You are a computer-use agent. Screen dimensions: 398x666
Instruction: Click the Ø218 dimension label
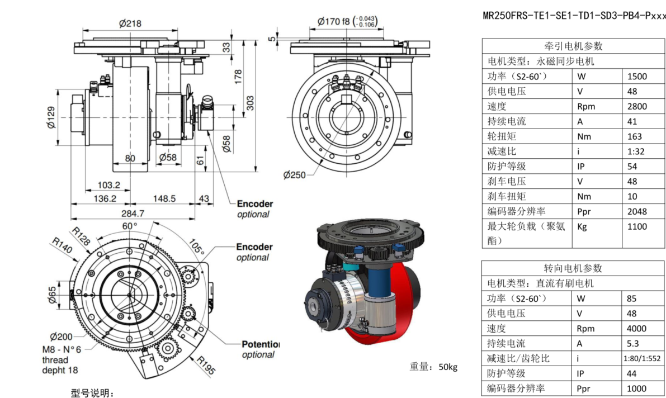click(130, 23)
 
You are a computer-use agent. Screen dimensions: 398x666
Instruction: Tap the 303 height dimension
click(251, 103)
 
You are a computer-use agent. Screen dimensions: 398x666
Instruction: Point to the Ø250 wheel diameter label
click(295, 175)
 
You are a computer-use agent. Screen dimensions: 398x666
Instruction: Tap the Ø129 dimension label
click(50, 117)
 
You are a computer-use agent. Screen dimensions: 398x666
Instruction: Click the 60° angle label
click(130, 226)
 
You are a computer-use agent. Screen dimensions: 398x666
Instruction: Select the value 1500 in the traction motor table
click(637, 77)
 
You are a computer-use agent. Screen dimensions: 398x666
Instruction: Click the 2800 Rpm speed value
click(637, 106)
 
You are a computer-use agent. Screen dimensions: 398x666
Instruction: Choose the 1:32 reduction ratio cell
click(635, 151)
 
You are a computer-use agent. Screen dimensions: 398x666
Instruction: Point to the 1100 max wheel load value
click(637, 226)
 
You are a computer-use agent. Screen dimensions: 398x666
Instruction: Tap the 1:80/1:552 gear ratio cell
click(643, 358)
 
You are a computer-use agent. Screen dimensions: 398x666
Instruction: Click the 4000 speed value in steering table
click(637, 329)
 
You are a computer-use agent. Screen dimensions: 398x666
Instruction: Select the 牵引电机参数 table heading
click(573, 46)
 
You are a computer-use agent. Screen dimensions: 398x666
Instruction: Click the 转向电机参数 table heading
click(573, 268)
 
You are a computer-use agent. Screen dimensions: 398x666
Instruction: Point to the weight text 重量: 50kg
click(433, 367)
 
